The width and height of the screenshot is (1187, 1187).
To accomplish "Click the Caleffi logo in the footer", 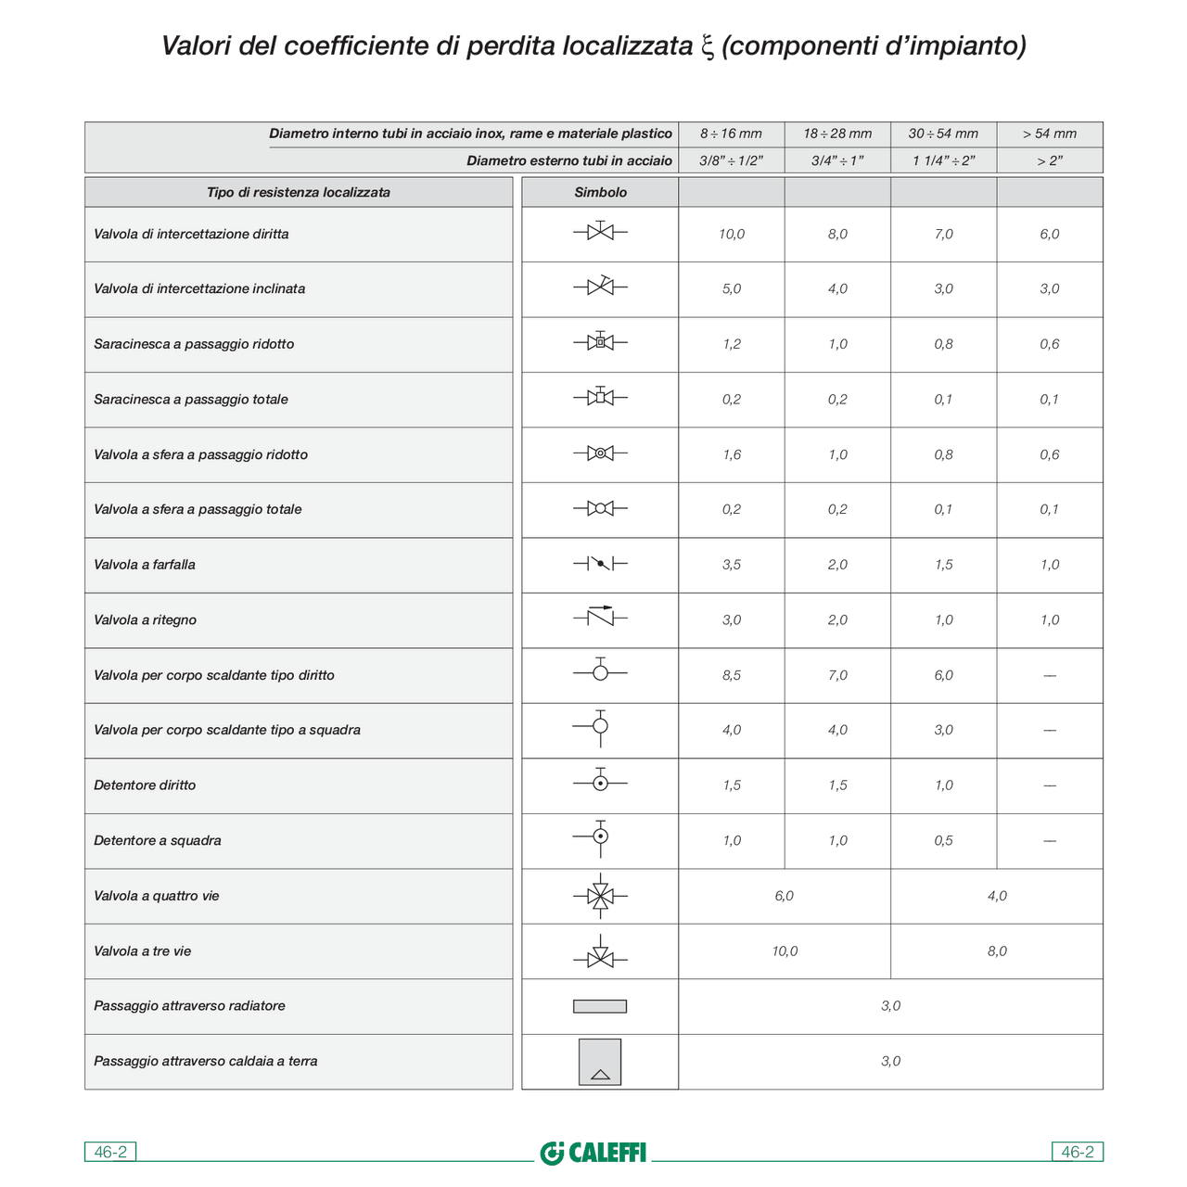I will click(x=593, y=1153).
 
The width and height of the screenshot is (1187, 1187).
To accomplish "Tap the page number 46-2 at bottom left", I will click(x=110, y=1152).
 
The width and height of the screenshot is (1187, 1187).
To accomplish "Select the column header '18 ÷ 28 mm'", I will click(x=837, y=134).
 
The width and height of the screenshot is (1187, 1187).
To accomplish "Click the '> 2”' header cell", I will click(x=1050, y=160).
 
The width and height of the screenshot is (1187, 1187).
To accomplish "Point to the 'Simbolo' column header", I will click(x=600, y=192).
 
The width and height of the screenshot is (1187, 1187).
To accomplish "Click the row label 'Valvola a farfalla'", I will click(x=145, y=565).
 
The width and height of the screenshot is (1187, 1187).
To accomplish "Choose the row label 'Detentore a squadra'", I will click(x=158, y=840).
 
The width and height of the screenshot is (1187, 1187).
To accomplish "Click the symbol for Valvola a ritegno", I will click(x=600, y=616).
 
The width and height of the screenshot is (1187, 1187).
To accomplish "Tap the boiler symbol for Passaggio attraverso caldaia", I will click(x=600, y=1062).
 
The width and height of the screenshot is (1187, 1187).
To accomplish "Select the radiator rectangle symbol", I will click(x=600, y=1006).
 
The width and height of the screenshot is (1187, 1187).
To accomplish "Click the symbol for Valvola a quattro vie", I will click(x=600, y=896).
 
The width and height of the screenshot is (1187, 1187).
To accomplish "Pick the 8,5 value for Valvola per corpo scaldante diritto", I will click(x=732, y=675).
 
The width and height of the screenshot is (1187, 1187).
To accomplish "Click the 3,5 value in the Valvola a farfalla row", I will click(x=732, y=565).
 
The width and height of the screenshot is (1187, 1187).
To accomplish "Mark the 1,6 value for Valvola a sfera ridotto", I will click(x=732, y=454).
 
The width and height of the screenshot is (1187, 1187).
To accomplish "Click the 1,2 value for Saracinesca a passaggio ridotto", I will click(x=732, y=344).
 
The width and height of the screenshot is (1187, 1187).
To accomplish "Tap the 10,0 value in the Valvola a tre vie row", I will click(x=785, y=951).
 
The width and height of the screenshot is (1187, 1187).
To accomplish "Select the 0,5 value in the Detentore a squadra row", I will click(x=943, y=840).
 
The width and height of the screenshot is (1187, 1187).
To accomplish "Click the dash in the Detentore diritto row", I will click(x=1050, y=785).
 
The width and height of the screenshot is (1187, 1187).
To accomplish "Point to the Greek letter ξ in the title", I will click(x=707, y=46).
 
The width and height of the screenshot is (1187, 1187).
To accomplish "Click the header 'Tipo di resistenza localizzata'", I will click(x=299, y=192).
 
